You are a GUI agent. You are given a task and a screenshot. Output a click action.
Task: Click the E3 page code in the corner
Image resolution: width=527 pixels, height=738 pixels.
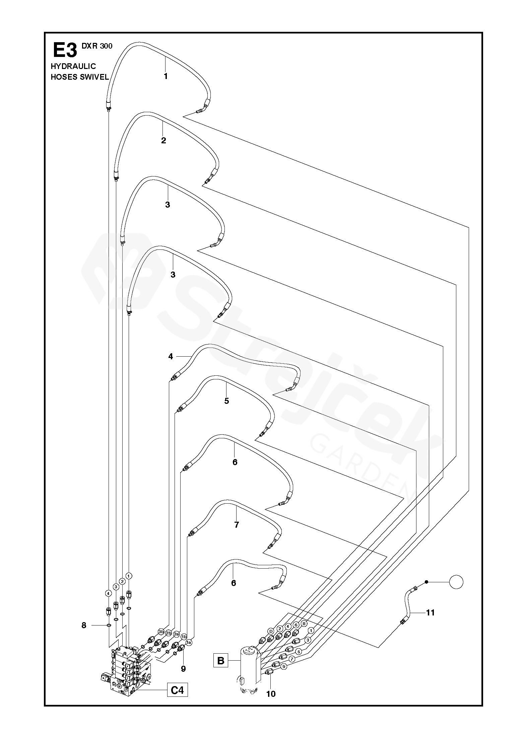tap(65, 50)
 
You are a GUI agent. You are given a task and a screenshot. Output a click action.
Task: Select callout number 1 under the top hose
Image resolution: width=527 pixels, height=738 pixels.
tap(166, 76)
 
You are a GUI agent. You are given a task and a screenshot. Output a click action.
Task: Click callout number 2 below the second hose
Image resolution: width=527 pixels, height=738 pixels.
tap(163, 140)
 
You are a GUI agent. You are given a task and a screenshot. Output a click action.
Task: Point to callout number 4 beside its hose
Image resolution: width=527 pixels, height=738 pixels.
tap(171, 357)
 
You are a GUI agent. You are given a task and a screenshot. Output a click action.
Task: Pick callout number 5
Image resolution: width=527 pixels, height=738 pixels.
tap(227, 401)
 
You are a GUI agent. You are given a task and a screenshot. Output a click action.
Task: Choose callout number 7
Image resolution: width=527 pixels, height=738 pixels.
tap(237, 525)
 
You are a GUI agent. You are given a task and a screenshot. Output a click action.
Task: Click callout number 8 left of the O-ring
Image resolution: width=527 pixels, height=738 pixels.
tap(84, 625)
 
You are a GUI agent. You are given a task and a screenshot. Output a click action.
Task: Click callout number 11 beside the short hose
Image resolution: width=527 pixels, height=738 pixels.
tap(430, 603)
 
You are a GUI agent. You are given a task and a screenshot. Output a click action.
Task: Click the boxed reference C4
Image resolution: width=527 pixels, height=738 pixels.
tap(177, 687)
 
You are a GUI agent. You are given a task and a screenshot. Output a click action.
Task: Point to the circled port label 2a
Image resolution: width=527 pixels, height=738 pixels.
tap(176, 634)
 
